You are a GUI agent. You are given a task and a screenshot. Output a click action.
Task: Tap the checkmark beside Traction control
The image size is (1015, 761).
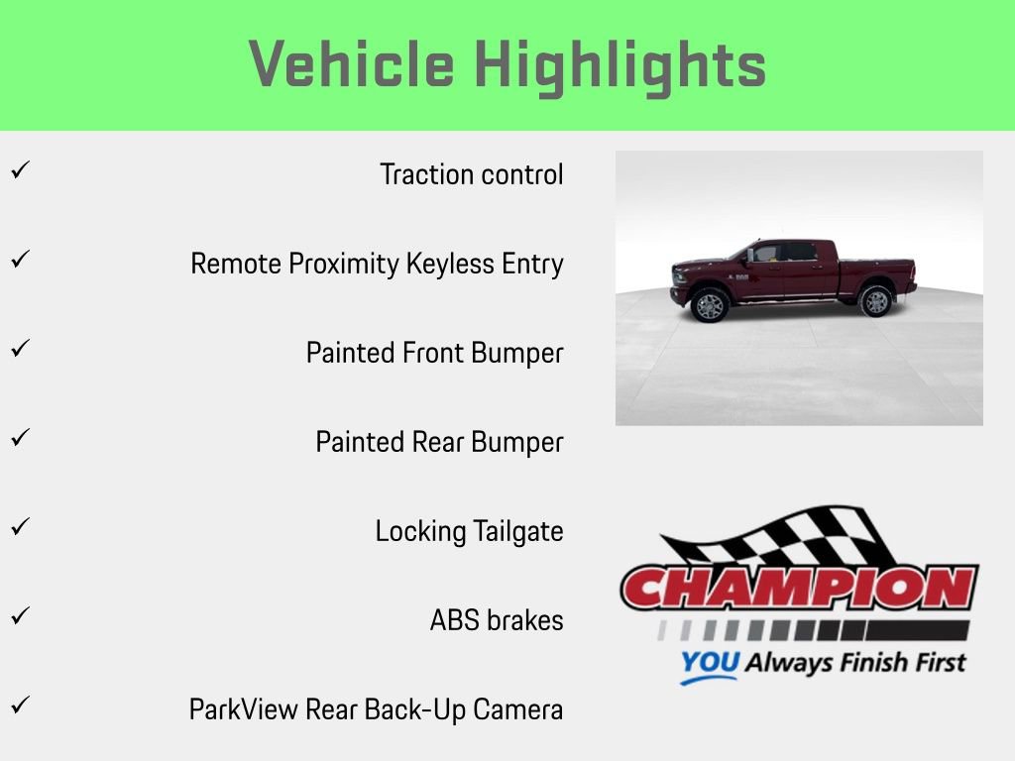(x=19, y=170)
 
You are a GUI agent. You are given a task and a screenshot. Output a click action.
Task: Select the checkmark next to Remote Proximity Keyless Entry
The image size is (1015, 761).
(x=19, y=260)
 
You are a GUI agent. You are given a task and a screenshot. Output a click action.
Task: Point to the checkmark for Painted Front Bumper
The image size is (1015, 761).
(x=19, y=349)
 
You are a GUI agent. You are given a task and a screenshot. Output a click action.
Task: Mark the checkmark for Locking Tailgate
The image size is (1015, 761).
(x=19, y=527)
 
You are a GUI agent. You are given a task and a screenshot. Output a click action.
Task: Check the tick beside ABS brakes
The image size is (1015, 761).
(x=19, y=616)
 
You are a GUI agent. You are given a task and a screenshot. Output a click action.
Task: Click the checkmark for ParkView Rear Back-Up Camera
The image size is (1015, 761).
(x=19, y=706)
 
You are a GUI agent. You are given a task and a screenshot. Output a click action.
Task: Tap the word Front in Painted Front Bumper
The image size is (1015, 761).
(x=432, y=354)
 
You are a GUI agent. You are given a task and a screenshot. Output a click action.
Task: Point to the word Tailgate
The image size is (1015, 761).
(x=517, y=532)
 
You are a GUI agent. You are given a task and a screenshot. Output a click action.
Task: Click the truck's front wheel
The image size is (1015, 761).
(x=710, y=305)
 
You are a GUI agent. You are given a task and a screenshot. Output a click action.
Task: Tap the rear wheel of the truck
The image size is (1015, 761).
(x=876, y=300)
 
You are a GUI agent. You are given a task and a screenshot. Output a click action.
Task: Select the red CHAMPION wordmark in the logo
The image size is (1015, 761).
(x=799, y=589)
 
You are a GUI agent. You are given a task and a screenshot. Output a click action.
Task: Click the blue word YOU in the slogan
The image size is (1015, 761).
(x=709, y=663)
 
